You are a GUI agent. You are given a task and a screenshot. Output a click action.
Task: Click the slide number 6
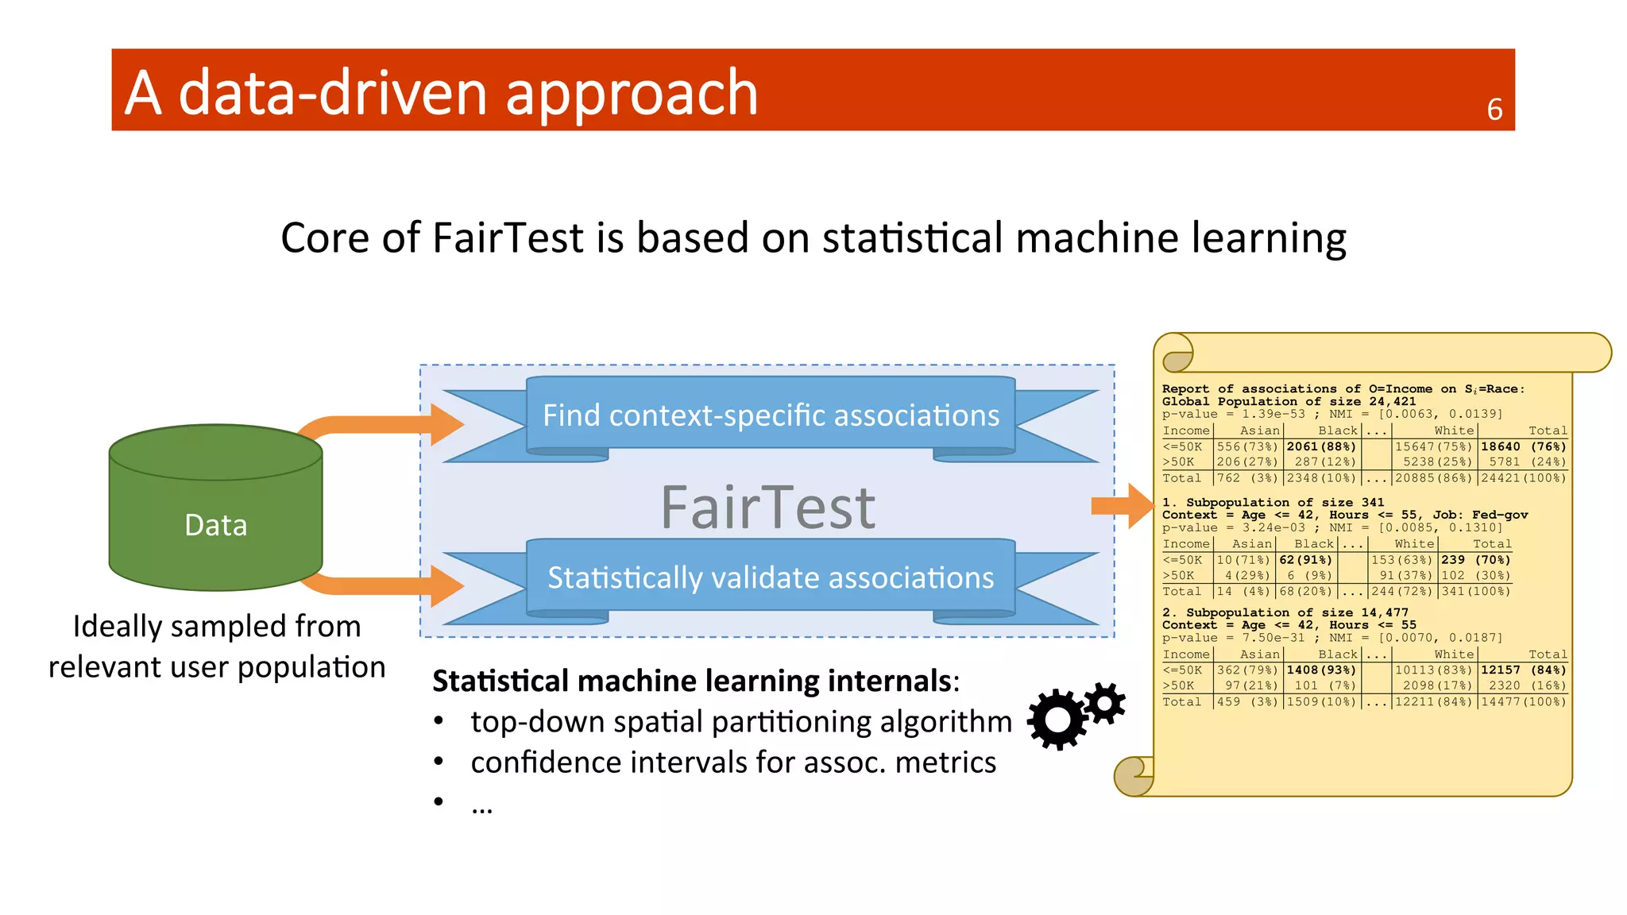1494,110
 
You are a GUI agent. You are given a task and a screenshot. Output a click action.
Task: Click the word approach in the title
632,94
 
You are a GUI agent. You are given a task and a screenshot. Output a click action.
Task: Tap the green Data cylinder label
215,525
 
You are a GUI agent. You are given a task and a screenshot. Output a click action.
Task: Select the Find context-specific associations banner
771,415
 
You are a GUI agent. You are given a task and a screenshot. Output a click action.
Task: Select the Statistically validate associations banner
771,577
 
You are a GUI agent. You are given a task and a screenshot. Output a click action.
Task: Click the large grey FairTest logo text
767,508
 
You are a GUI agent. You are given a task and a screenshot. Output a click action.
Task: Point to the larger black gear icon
1057,719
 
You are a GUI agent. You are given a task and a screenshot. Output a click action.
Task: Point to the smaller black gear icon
1105,703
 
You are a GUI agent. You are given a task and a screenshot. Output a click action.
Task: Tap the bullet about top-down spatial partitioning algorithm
740,721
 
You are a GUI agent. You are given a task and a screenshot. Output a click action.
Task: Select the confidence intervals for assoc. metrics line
732,762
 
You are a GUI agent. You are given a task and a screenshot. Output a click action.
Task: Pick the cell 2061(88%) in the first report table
1321,446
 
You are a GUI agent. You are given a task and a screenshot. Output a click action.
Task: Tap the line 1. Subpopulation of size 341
1273,502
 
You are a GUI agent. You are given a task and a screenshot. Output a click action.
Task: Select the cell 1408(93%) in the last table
1321,670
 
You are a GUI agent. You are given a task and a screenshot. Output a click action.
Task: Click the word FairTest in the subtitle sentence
508,237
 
